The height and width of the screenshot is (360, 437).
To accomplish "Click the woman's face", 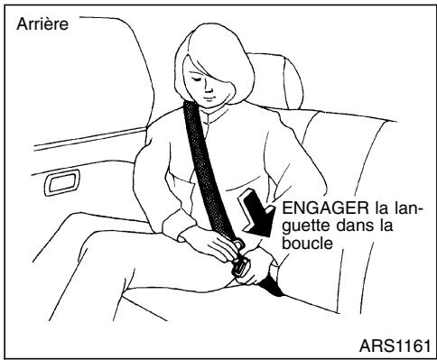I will point(213,84).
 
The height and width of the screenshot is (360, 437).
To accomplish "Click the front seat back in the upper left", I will point(117,72).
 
